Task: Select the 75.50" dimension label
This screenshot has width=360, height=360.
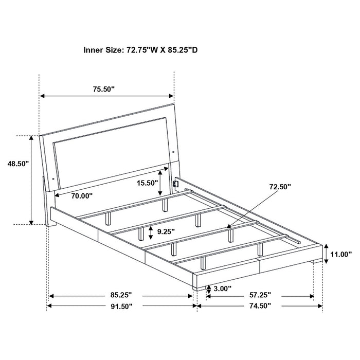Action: (103, 89)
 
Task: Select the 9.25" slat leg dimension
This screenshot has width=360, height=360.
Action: (166, 232)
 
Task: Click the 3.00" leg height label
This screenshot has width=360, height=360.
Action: (222, 289)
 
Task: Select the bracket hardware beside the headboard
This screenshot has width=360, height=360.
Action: (175, 183)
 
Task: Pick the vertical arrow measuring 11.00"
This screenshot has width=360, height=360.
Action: (326, 254)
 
